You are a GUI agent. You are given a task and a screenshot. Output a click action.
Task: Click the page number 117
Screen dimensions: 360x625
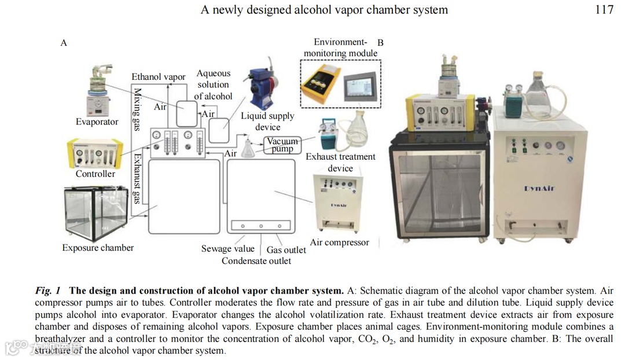604,10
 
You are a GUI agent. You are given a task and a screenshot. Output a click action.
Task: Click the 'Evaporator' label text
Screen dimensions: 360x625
97,122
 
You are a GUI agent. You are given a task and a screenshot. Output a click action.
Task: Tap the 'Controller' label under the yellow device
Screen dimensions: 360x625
95,174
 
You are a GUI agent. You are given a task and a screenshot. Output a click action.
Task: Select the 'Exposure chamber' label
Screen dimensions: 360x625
98,248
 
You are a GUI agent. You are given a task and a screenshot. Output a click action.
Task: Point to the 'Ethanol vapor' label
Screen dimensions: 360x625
159,77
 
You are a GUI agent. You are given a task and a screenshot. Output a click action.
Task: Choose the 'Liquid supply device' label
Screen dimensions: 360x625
267,122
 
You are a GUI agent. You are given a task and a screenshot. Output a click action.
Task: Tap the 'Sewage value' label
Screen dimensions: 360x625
228,249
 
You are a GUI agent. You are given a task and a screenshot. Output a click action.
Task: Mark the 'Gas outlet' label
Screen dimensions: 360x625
286,250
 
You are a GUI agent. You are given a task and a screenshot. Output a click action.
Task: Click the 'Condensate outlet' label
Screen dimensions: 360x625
256,261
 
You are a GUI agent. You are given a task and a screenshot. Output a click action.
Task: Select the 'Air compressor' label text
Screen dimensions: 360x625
340,243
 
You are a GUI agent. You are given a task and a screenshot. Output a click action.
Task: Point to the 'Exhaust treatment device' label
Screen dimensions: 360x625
340,163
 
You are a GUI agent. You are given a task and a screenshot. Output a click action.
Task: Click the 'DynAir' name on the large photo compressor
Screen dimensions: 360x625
539,188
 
